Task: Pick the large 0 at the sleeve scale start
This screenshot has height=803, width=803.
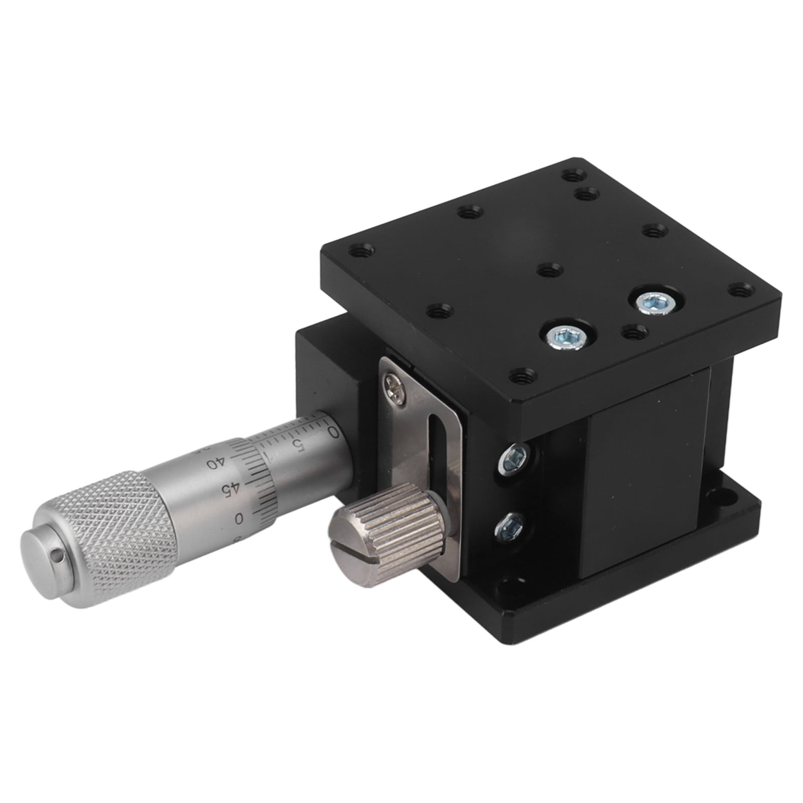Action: [x=332, y=430]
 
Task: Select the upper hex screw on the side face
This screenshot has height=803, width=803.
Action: [x=513, y=458]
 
